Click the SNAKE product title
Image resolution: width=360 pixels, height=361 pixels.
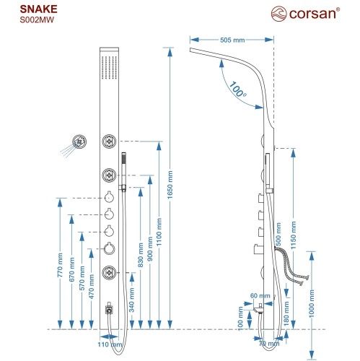click(x=38, y=9)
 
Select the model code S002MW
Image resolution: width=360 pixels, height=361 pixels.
click(x=37, y=19)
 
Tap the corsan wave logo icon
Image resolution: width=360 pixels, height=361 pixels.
click(x=278, y=14)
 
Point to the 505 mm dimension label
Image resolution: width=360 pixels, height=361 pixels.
click(x=232, y=40)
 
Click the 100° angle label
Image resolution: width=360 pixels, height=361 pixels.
click(x=237, y=90)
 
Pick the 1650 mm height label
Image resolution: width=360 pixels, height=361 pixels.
click(x=170, y=185)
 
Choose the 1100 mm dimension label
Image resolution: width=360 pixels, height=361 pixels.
click(x=159, y=232)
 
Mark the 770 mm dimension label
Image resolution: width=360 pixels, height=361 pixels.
click(x=60, y=265)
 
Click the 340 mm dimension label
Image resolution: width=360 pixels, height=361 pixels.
click(x=132, y=300)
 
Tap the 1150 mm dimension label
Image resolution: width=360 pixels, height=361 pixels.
click(x=293, y=235)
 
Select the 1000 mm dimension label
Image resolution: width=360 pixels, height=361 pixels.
click(x=312, y=303)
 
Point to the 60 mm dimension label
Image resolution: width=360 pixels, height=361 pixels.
click(x=260, y=295)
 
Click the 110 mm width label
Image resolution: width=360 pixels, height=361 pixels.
click(x=110, y=344)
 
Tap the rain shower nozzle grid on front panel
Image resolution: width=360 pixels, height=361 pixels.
click(x=109, y=68)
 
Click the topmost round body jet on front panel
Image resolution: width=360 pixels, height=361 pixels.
click(x=109, y=141)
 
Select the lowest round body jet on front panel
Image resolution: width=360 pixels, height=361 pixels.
click(x=109, y=273)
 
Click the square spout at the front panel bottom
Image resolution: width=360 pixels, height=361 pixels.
click(x=109, y=310)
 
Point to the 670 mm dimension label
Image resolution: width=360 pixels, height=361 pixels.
click(x=71, y=269)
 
